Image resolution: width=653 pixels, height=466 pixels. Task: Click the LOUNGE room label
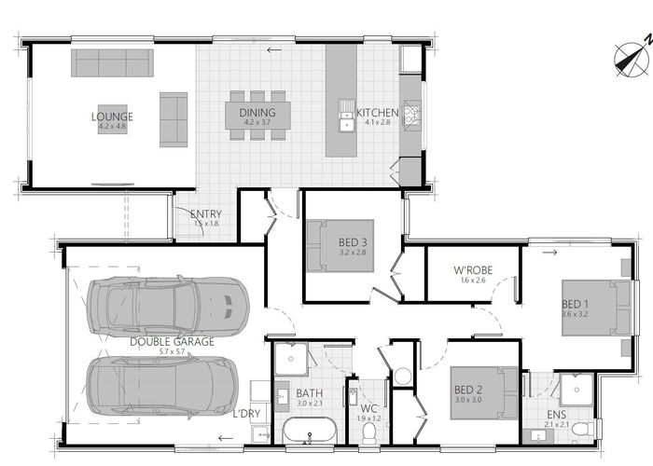pyautogui.click(x=112, y=116)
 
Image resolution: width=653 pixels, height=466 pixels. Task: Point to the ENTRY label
pyautogui.click(x=205, y=213)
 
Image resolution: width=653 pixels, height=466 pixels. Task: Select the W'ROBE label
pyautogui.click(x=473, y=270)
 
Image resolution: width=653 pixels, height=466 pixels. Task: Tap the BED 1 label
pyautogui.click(x=575, y=305)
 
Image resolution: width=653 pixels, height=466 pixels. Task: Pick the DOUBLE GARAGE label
pyautogui.click(x=172, y=341)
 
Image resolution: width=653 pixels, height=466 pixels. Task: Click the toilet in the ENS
pyautogui.click(x=582, y=429)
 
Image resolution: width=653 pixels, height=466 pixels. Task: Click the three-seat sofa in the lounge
pyautogui.click(x=112, y=62)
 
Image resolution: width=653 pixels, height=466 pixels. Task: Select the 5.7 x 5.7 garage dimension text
pyautogui.click(x=172, y=351)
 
